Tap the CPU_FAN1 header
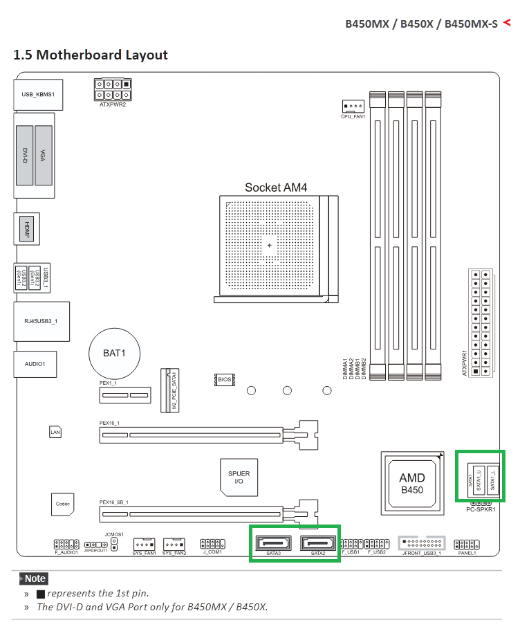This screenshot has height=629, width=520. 351,107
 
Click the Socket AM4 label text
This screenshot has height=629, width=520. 275,188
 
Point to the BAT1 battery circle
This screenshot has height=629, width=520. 114,353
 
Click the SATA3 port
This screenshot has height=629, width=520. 274,543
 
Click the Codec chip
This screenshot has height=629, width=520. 62,504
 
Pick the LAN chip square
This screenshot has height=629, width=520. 56,432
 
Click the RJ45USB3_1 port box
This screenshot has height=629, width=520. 41,321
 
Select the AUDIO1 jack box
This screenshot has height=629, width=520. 35,364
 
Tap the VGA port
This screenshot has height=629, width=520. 44,155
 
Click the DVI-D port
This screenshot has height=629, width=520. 24,155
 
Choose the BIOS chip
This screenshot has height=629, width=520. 225,380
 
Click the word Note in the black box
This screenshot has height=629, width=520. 35,578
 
